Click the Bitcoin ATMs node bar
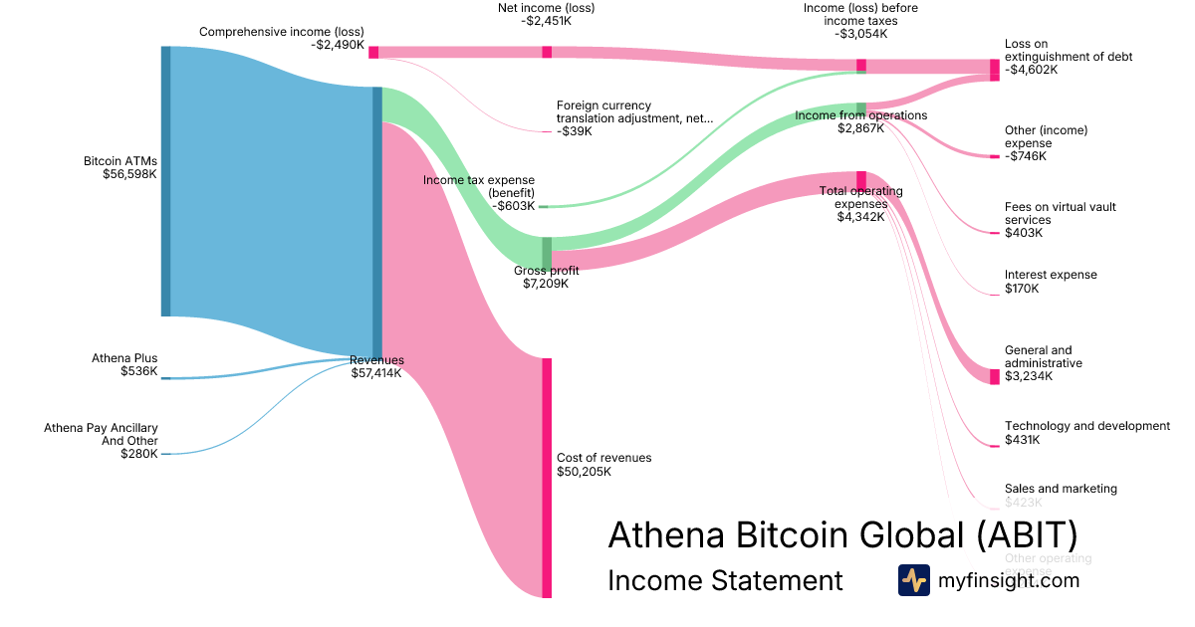tap(166, 181)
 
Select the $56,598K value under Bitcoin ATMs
tap(129, 174)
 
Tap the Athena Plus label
tap(124, 358)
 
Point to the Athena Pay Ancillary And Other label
tap(101, 434)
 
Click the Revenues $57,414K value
tap(376, 373)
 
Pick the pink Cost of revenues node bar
tap(547, 478)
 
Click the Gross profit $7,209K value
tap(546, 284)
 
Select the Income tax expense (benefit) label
tap(479, 186)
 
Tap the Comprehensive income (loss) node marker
tap(373, 52)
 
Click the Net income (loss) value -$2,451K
tap(546, 22)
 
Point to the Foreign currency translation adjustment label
tap(634, 111)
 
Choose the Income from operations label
tap(861, 115)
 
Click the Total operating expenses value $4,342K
tap(860, 217)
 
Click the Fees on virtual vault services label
tap(1060, 213)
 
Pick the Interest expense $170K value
tap(1022, 289)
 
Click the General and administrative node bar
tap(994, 376)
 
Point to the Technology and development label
tap(1086, 426)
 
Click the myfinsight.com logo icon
tap(913, 580)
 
